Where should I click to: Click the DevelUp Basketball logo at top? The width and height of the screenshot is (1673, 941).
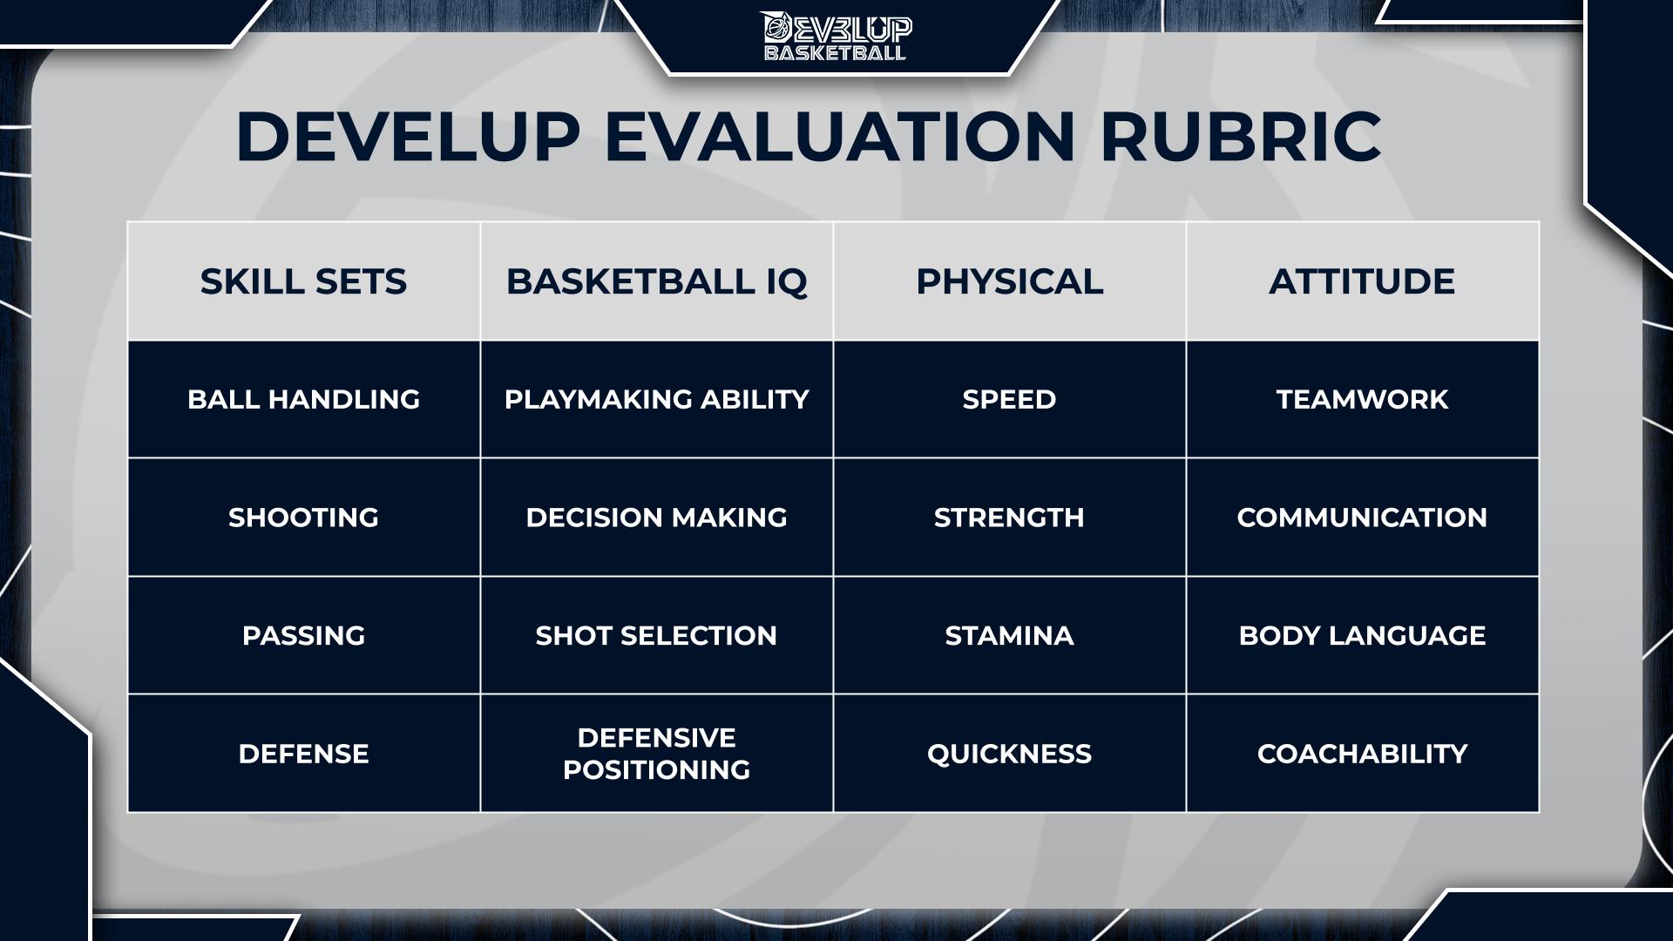(836, 37)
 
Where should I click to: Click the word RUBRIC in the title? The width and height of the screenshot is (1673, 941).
(1241, 137)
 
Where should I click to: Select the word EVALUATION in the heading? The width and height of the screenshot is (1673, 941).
(840, 137)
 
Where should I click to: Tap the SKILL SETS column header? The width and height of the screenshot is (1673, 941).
(303, 281)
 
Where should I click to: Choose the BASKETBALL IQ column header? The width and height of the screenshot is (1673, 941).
(656, 281)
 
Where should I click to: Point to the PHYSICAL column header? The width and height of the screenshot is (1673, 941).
(1009, 281)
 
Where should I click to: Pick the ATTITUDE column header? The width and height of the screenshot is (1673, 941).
(1362, 281)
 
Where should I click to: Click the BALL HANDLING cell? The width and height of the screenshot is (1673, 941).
(303, 399)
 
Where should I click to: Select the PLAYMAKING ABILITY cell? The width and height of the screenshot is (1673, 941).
(656, 399)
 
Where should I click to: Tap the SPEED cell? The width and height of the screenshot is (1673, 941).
(1009, 399)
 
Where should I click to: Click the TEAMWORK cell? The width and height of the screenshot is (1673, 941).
(1362, 399)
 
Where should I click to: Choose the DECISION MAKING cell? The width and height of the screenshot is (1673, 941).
(656, 518)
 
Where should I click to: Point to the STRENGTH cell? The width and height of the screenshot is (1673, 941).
(1009, 518)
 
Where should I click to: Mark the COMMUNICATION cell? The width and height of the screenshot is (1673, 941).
(1362, 518)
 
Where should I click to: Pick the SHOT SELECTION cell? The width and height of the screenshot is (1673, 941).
(656, 635)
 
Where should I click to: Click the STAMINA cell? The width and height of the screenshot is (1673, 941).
(1009, 635)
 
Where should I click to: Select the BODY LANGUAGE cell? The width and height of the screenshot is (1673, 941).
(1362, 635)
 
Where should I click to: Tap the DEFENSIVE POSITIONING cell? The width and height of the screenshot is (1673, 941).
(656, 754)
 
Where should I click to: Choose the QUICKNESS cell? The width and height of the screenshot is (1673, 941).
(1009, 754)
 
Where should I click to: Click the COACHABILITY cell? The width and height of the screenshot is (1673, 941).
(1362, 754)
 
